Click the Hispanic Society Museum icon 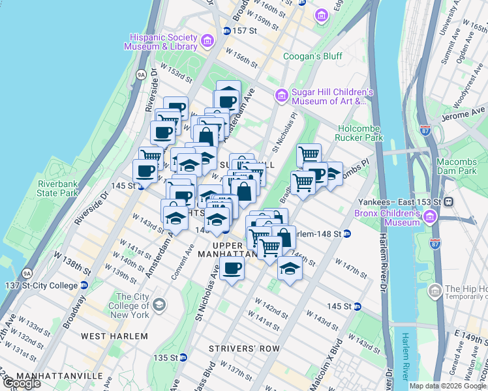pos(207,42)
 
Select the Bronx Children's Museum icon pos(430,217)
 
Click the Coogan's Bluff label pos(313,56)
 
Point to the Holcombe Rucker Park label pos(359,133)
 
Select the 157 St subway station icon pos(226,31)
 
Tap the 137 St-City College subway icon pos(84,285)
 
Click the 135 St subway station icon pos(183,357)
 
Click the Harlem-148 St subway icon pos(348,234)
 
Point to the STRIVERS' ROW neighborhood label pos(244,349)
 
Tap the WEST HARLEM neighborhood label pos(114,336)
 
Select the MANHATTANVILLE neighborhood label pos(59,376)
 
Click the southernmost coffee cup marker pos(232,267)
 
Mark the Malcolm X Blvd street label pos(326,361)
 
